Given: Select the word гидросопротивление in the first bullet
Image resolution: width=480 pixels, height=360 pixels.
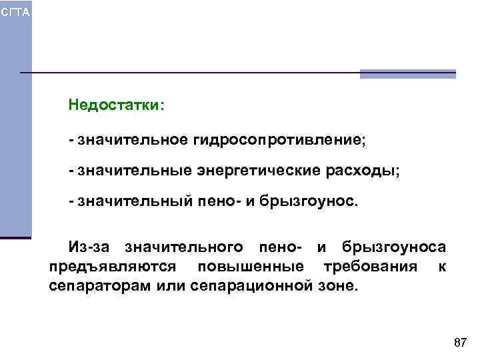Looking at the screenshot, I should (x=280, y=141).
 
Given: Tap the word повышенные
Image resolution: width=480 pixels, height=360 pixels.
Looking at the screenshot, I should (x=250, y=267).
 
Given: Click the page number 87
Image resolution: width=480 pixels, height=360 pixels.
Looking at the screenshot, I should (x=459, y=343).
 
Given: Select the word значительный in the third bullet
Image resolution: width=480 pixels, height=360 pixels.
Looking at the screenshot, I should (x=131, y=201).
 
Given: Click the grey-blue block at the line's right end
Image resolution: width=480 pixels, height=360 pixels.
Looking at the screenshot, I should (x=407, y=73).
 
